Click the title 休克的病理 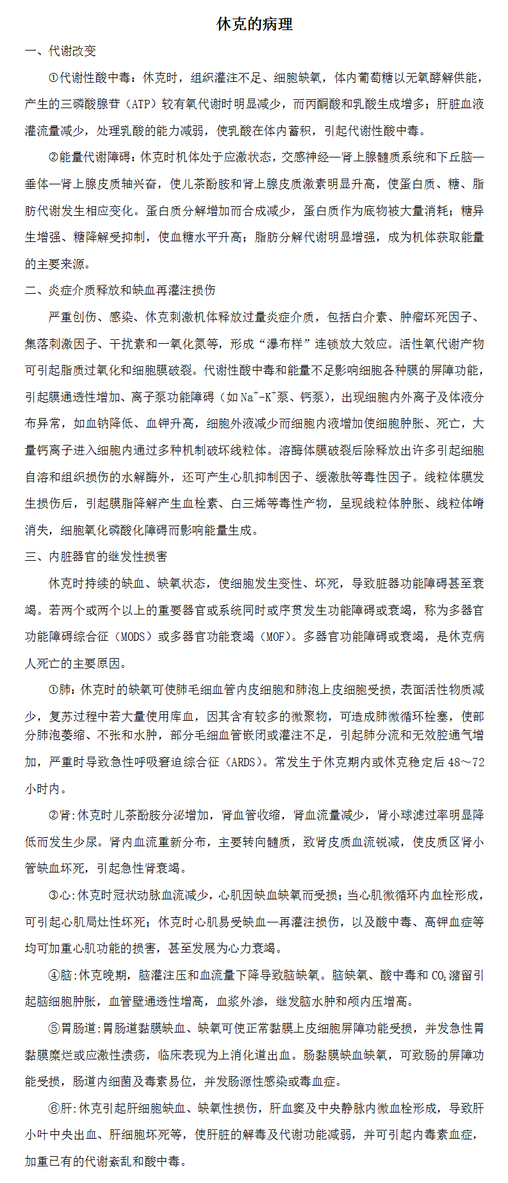254,24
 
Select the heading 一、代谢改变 60,51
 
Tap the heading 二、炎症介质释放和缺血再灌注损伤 120,291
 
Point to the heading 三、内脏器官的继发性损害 96,557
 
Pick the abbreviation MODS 133,637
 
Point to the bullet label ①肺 60,690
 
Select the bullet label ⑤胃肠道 72,1029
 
